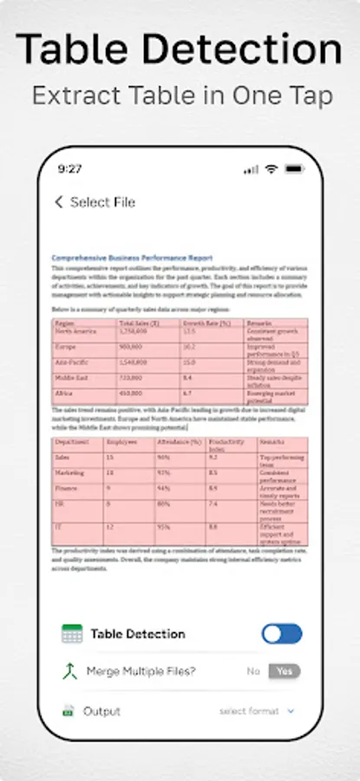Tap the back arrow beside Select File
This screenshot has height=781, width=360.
tap(59, 202)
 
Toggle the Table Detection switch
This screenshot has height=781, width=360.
tap(282, 633)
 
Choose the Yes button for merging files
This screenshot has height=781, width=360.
tap(285, 671)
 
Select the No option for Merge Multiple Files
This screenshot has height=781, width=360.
tap(253, 671)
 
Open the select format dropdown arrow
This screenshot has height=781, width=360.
tap(291, 712)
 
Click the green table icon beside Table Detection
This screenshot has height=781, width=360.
tap(72, 634)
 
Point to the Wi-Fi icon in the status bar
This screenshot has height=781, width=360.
tap(272, 168)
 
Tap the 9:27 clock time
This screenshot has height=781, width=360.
tap(70, 168)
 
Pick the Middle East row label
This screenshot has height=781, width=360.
tap(70, 378)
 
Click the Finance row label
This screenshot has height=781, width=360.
tap(66, 489)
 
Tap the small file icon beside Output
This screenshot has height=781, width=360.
tap(68, 712)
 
